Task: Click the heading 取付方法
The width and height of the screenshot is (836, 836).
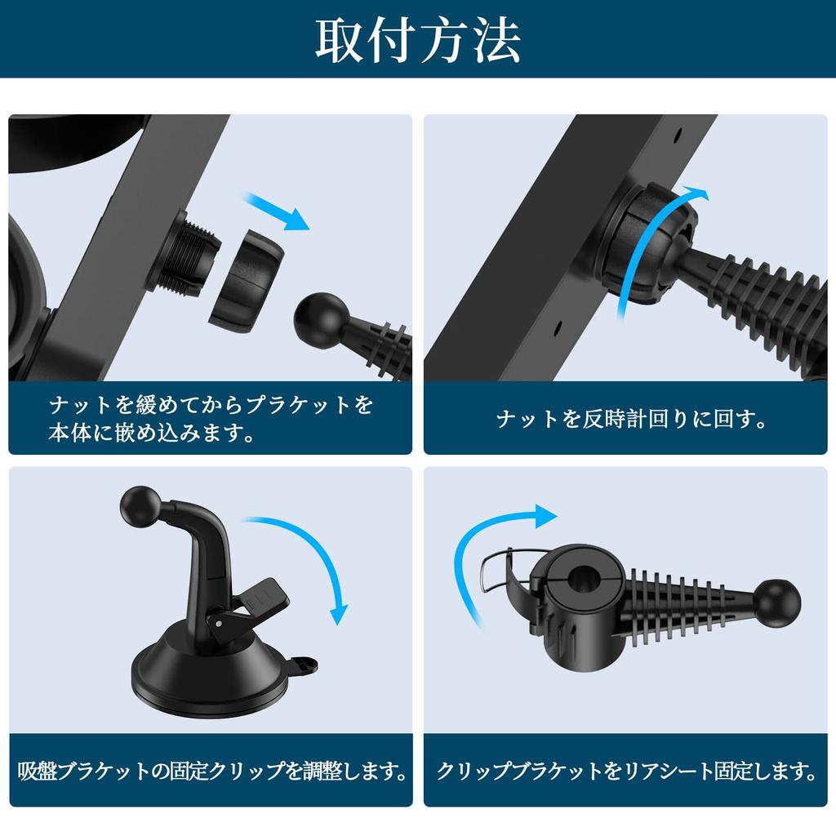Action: point(417,40)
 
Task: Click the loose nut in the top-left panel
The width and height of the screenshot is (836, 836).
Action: point(247,281)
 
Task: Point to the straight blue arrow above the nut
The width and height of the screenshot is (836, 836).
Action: point(277,211)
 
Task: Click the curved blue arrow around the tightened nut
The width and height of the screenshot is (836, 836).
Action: point(640,245)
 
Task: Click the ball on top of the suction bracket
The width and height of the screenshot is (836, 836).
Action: point(140,505)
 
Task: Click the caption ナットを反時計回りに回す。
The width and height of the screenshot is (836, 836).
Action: point(631,419)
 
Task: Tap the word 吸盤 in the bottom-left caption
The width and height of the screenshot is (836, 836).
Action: point(38,771)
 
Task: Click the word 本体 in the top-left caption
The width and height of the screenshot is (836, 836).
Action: point(70,433)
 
